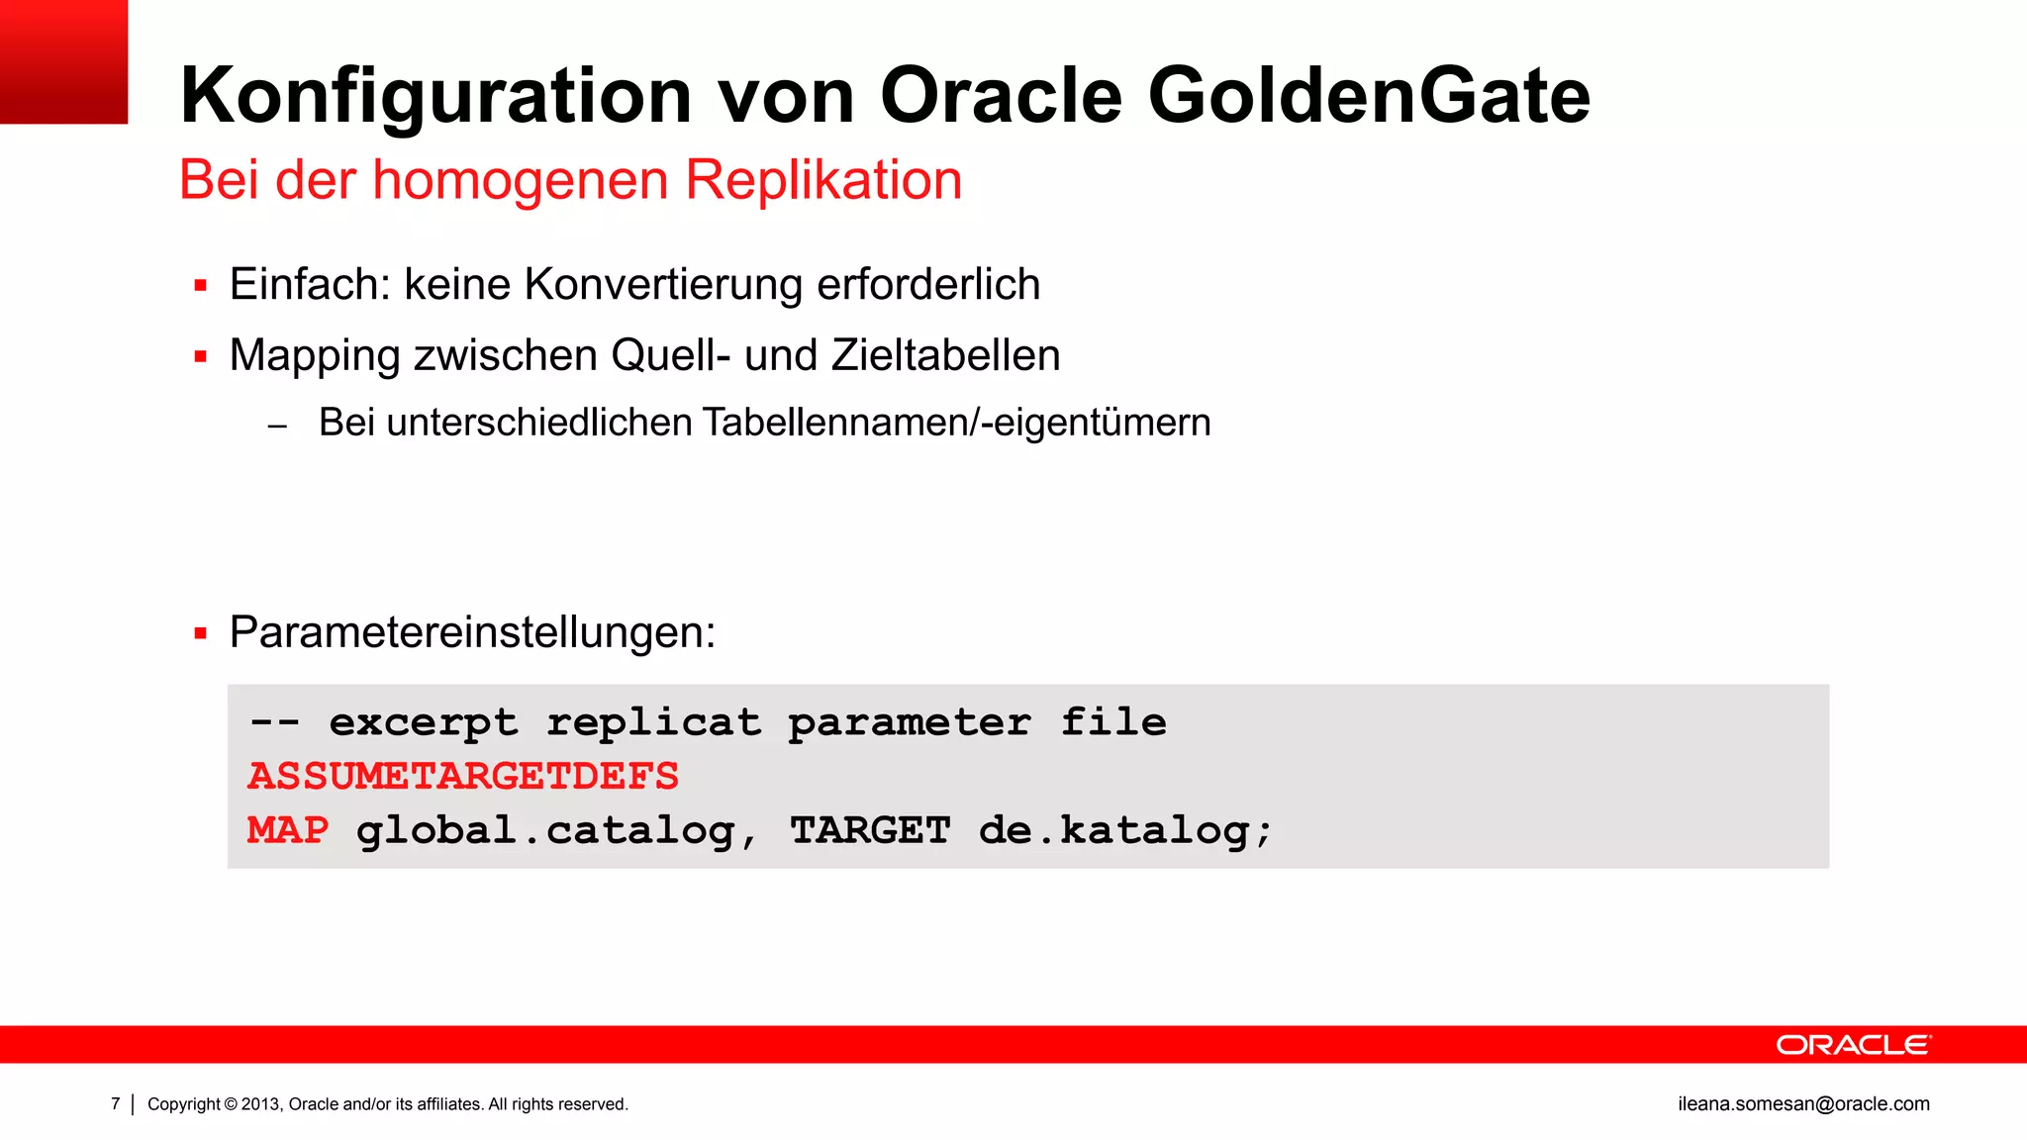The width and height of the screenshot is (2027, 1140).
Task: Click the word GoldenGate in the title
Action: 1368,96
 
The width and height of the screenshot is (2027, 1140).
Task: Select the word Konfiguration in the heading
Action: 435,96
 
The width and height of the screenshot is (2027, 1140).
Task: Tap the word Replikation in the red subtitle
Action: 822,180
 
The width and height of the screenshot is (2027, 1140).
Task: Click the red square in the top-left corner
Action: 63,61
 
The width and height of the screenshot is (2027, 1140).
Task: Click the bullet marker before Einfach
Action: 201,286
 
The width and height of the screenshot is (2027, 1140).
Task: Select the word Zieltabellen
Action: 945,355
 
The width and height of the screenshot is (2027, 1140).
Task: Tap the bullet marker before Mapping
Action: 201,356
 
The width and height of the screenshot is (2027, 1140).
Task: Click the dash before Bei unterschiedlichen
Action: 277,427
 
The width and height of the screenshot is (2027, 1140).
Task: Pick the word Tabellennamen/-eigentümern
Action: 956,423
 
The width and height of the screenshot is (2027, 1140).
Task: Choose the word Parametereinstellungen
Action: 472,631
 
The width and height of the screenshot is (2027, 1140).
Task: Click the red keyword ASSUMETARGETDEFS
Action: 463,776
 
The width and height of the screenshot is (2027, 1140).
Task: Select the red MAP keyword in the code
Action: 288,829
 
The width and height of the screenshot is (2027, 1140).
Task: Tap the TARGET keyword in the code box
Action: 870,830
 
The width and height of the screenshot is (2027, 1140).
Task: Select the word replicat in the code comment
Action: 654,722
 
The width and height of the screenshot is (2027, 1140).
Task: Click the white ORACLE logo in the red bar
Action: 1853,1045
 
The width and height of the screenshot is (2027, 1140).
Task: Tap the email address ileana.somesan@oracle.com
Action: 1803,1104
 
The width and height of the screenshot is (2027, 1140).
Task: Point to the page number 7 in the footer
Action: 116,1103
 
